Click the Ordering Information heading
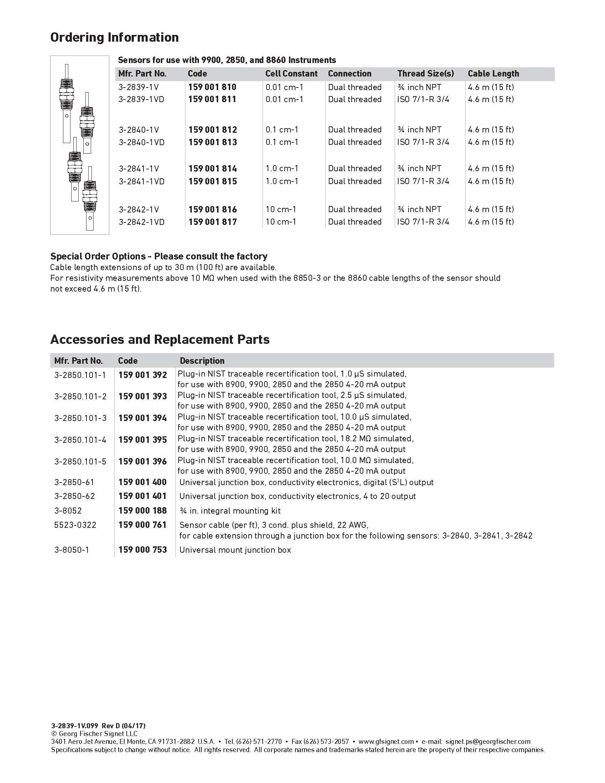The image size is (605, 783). click(114, 37)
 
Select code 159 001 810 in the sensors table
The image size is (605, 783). click(212, 87)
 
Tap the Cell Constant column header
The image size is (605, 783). click(291, 74)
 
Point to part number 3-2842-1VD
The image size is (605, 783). click(142, 222)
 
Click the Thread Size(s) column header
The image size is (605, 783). click(425, 74)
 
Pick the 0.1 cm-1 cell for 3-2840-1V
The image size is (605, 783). click(282, 130)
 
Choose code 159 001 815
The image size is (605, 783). click(212, 181)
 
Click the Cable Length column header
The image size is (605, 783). click(493, 74)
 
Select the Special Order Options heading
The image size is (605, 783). click(159, 256)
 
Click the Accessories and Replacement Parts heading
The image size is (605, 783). click(160, 339)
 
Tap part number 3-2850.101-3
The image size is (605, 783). click(80, 418)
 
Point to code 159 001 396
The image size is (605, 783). click(143, 461)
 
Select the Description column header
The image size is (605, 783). click(202, 361)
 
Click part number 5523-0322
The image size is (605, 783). click(75, 525)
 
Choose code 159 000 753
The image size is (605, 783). click(143, 550)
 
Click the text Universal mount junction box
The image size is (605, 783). click(235, 550)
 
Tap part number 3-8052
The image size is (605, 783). click(68, 510)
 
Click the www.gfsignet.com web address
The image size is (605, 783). click(386, 741)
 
